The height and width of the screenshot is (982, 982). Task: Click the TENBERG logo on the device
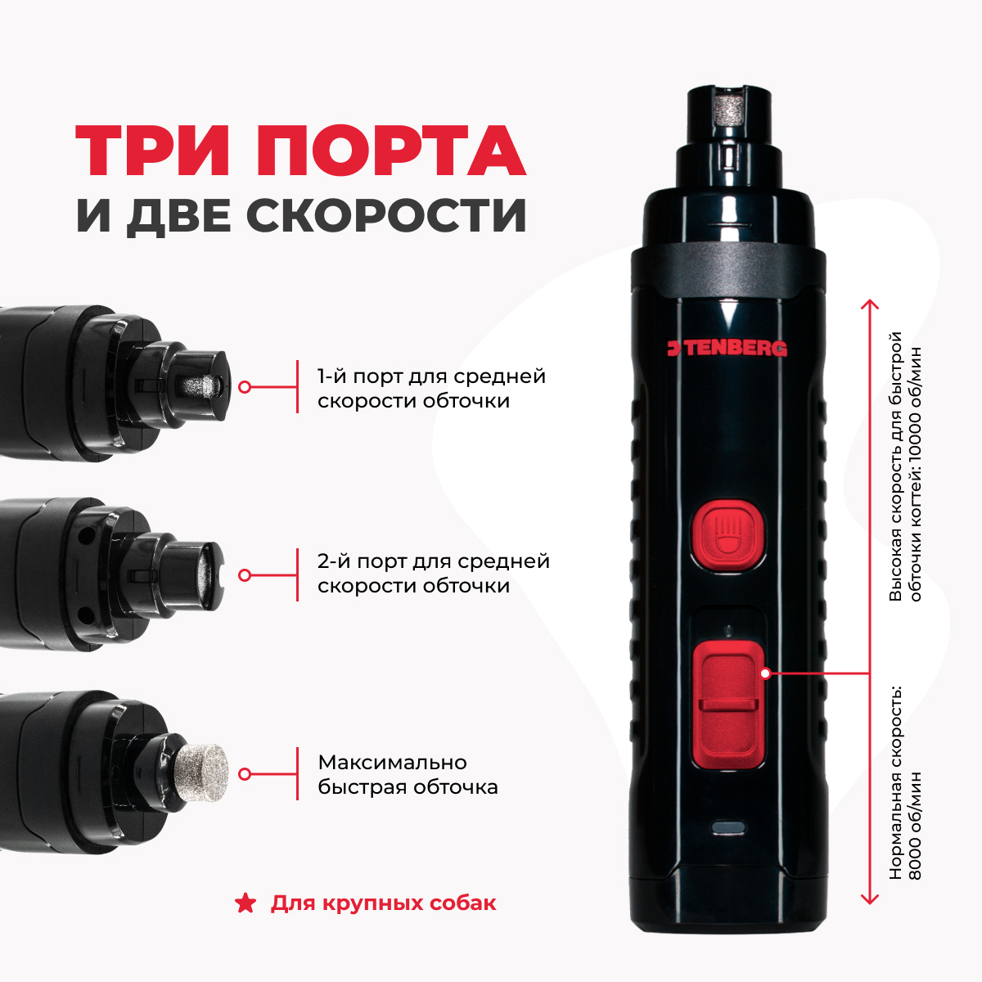click(x=727, y=349)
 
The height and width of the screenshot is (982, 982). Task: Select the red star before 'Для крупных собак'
click(x=245, y=903)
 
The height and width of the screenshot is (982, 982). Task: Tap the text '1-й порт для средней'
click(x=431, y=376)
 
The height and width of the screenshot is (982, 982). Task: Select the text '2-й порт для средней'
click(x=433, y=561)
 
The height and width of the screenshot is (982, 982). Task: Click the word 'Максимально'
click(x=392, y=763)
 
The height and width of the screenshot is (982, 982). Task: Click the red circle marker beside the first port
click(x=245, y=387)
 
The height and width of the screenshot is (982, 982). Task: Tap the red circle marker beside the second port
click(x=245, y=575)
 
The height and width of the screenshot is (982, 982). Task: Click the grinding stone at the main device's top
click(x=727, y=113)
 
